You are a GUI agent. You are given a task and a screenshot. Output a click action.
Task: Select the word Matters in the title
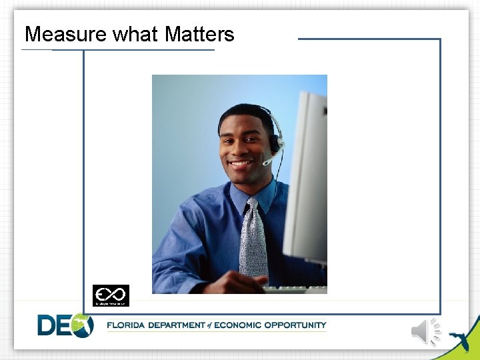pyautogui.click(x=199, y=34)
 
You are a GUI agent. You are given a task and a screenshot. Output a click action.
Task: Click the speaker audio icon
pyautogui.click(x=425, y=331)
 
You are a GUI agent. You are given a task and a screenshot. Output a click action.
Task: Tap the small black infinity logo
pyautogui.click(x=111, y=295)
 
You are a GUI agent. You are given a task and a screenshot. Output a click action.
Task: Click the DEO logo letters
pyautogui.click(x=65, y=325)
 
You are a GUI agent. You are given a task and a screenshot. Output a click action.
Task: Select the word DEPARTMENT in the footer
pyautogui.click(x=177, y=325)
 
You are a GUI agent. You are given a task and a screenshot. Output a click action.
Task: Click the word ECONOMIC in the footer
pyautogui.click(x=239, y=325)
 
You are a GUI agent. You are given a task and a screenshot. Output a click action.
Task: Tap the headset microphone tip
pyautogui.click(x=265, y=162)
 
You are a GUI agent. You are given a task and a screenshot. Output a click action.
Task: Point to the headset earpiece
pyautogui.click(x=274, y=142)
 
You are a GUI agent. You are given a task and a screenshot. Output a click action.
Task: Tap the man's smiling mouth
pyautogui.click(x=241, y=162)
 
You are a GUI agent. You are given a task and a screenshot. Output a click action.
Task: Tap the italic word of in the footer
pyautogui.click(x=209, y=325)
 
